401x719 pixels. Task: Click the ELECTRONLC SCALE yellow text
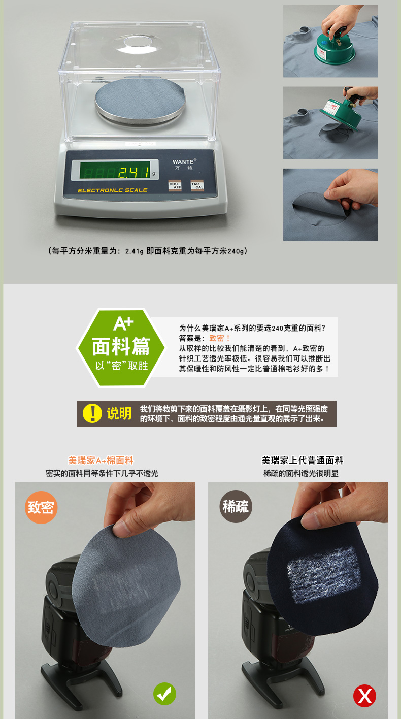112,190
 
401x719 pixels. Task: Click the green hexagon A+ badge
121,348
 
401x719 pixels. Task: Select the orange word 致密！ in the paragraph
219,338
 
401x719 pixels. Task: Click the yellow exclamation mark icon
92,413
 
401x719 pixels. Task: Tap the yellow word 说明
119,413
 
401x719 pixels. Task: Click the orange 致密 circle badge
41,507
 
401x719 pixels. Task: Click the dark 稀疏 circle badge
236,507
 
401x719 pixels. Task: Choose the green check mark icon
164,694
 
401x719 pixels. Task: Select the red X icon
365,696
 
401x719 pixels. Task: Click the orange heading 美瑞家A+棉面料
101,460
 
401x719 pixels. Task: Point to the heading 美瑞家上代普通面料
303,460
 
